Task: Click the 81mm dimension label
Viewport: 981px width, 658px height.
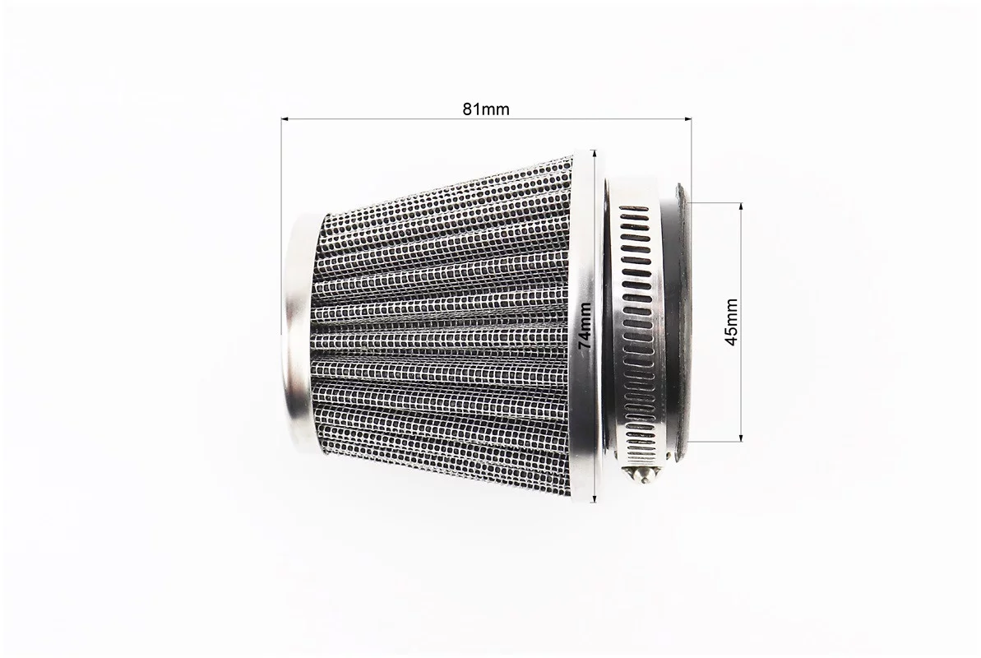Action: [486, 109]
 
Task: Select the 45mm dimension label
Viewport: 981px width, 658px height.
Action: [731, 322]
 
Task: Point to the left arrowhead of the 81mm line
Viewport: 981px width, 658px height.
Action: [285, 118]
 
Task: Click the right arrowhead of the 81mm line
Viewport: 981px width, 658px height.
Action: [687, 118]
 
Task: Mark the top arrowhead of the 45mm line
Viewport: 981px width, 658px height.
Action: [742, 207]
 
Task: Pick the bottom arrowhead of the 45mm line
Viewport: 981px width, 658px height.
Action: [742, 438]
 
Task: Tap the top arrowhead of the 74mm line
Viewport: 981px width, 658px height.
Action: [595, 153]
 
